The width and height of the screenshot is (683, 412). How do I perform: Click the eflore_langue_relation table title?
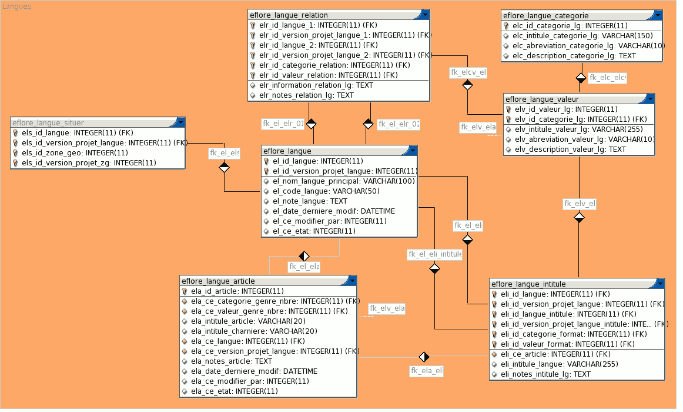[289, 15]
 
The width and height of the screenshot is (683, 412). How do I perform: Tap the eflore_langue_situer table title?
[48, 123]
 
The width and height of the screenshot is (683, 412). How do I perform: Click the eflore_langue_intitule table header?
[528, 284]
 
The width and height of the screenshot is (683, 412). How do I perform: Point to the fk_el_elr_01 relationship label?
[283, 124]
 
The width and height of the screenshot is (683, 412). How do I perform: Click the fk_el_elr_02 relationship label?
[399, 124]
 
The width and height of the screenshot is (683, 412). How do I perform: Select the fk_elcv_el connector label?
[468, 72]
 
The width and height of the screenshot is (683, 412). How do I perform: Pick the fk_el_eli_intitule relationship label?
[435, 255]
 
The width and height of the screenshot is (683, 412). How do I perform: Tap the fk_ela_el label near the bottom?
[426, 371]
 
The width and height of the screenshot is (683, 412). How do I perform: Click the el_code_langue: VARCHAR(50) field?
[326, 191]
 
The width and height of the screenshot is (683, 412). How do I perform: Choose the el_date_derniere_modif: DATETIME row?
[333, 211]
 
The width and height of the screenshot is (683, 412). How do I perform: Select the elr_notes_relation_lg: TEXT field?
[306, 95]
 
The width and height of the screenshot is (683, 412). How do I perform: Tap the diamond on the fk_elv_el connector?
[580, 218]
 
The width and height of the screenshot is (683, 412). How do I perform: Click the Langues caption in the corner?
[17, 6]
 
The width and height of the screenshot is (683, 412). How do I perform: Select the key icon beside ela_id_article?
[185, 291]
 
